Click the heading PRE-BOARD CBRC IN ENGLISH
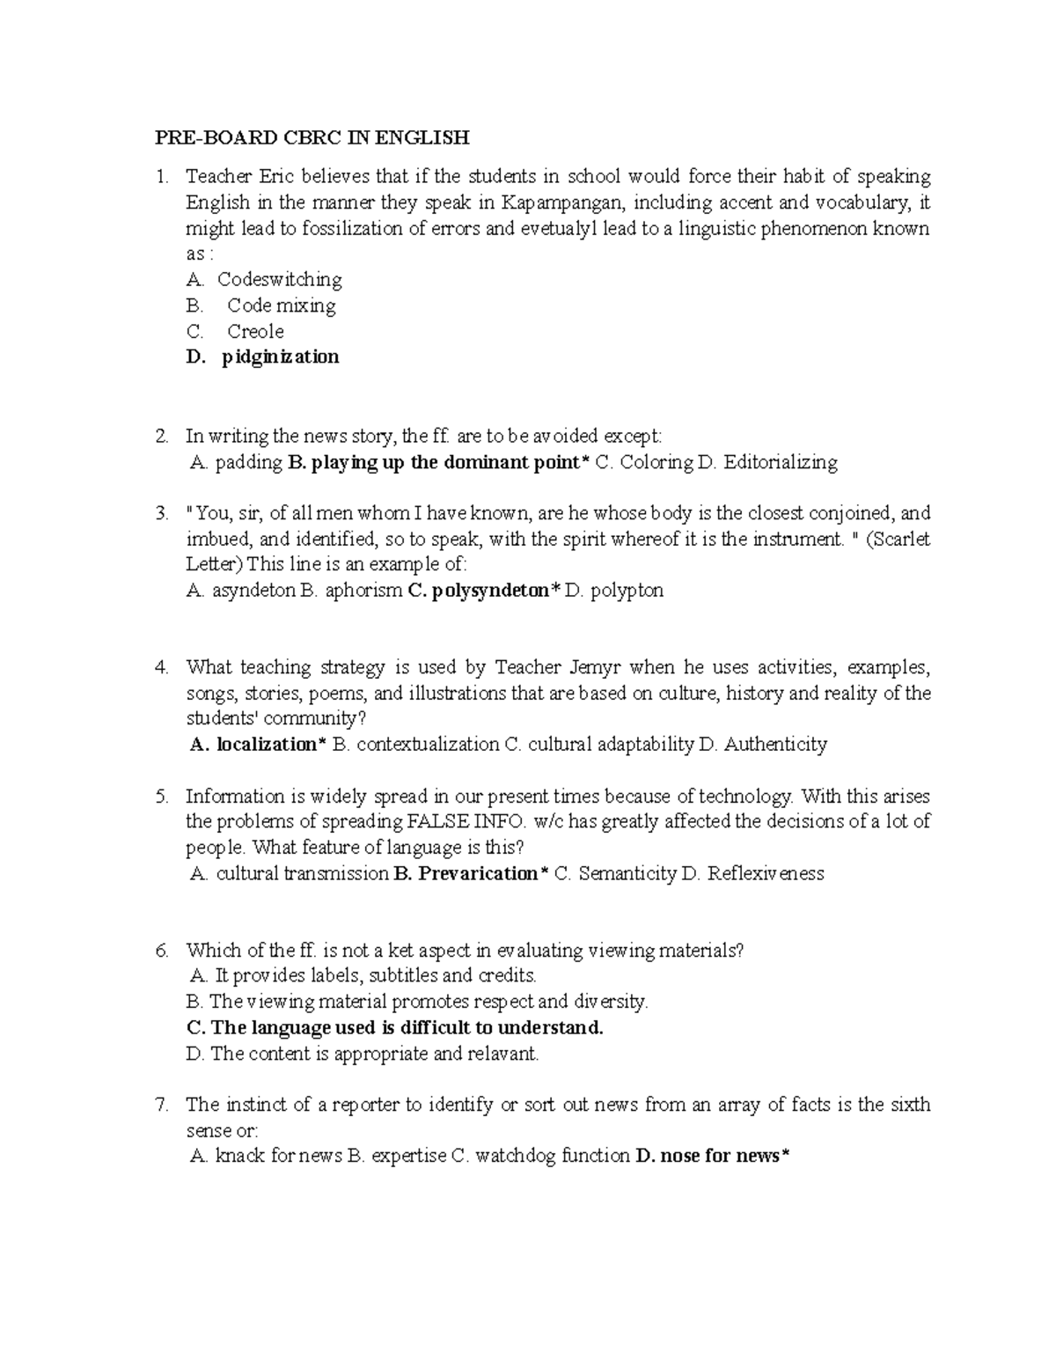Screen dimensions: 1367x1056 point(312,137)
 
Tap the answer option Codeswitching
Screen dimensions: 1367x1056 point(279,280)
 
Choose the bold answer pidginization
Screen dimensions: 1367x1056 point(280,356)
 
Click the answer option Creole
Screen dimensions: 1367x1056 point(255,331)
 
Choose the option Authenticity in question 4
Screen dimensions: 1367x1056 point(775,745)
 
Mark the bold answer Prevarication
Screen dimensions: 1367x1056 point(478,874)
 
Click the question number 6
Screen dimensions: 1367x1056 point(161,951)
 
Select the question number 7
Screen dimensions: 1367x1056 point(161,1105)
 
